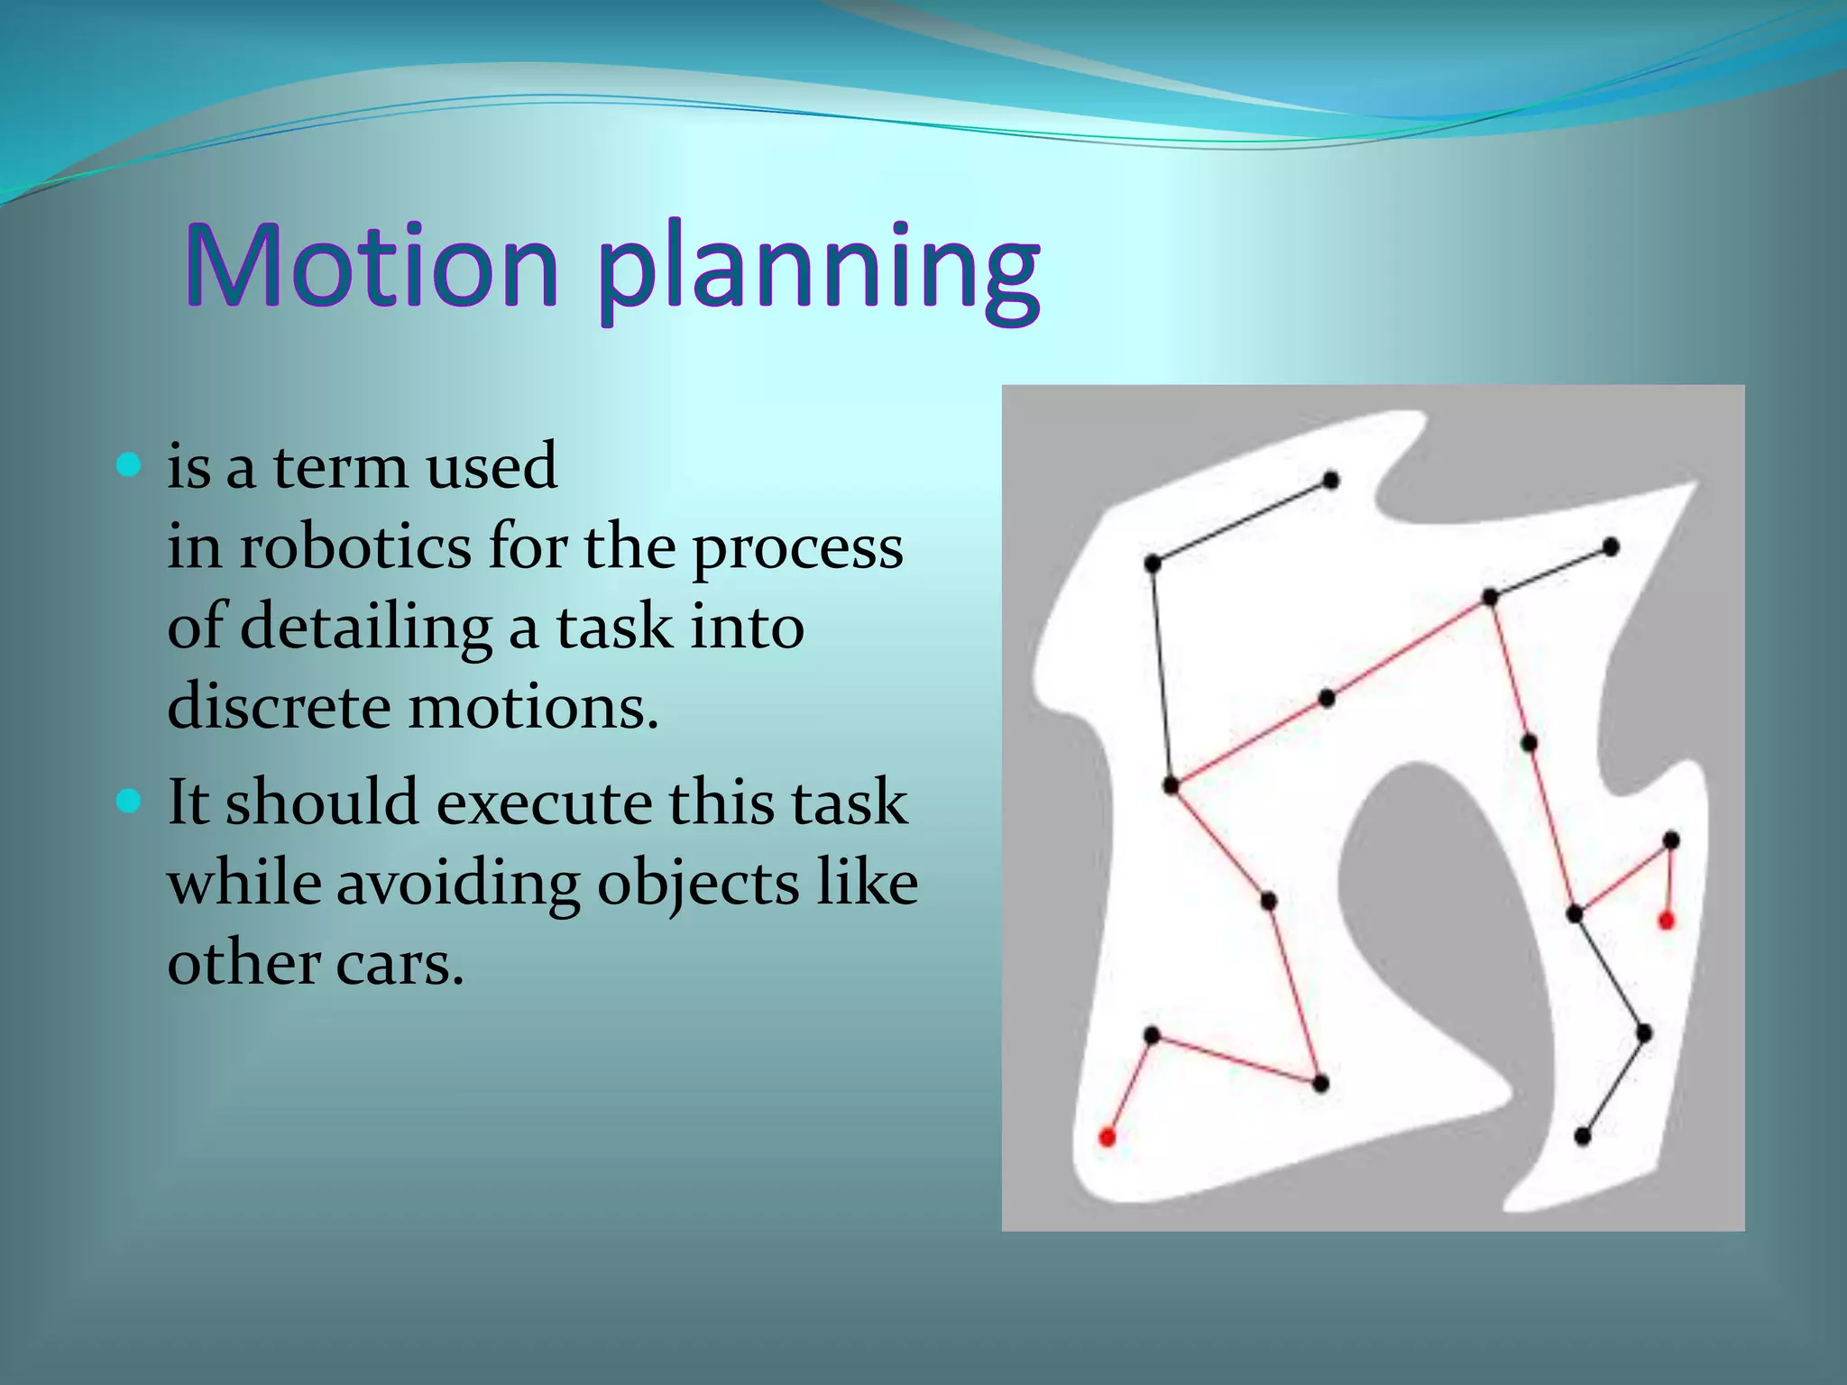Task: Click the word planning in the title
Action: (819, 271)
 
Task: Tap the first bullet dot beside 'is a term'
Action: (130, 465)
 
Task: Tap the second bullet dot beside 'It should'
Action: (130, 801)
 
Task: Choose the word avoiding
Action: (458, 883)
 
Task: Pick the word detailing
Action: (365, 627)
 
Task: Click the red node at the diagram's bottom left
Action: (1107, 1137)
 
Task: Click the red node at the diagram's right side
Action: (1667, 921)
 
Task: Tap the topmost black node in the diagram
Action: (1331, 480)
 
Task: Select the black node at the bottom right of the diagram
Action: (1583, 1137)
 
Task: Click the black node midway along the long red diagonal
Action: (1327, 699)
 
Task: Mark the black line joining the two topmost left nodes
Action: (1241, 521)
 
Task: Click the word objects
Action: (698, 883)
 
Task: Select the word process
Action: (797, 548)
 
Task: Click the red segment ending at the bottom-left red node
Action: (1130, 1086)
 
